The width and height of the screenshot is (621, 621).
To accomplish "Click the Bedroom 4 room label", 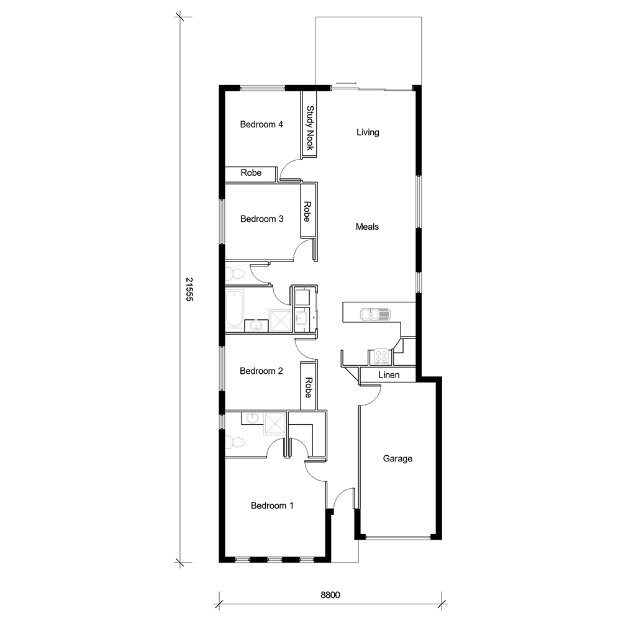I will click(x=261, y=124).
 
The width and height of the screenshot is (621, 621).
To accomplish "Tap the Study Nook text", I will click(x=309, y=129).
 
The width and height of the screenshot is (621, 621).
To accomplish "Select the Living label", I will click(x=368, y=132).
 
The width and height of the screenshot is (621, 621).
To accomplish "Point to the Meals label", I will click(x=367, y=227).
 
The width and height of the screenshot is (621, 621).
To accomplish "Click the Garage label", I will click(x=397, y=459).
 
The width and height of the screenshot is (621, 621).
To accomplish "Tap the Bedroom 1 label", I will click(x=272, y=505).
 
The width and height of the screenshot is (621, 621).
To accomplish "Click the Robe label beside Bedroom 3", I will click(x=307, y=211).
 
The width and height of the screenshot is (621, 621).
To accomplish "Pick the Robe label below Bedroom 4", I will click(x=251, y=173).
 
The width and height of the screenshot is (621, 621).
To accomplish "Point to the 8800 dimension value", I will click(x=330, y=595).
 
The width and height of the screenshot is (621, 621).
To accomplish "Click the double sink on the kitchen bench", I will click(x=375, y=314).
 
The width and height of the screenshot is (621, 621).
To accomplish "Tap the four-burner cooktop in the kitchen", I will click(x=380, y=356).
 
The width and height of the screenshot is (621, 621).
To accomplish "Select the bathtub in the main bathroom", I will click(x=235, y=309).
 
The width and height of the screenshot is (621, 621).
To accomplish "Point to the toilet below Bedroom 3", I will click(x=235, y=273).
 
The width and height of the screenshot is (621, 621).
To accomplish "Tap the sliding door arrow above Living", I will click(x=346, y=83).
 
